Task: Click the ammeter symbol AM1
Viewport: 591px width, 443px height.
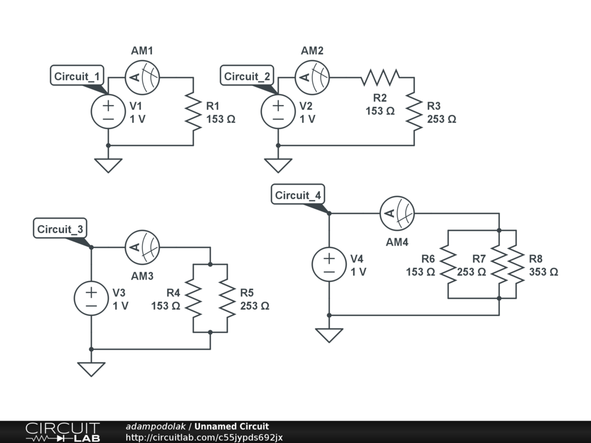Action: pos(142,77)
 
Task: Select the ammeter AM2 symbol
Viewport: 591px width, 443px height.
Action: pos(312,77)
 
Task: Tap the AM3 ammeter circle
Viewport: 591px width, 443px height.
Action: pos(142,247)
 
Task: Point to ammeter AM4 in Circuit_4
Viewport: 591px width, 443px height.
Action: pos(397,213)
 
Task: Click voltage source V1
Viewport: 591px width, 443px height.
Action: pos(108,111)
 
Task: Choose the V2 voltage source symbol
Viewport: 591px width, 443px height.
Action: pos(278,111)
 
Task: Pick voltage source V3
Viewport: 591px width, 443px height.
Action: pos(91,299)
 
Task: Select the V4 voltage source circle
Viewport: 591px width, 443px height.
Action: pos(329,265)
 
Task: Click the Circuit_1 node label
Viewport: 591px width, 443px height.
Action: pos(77,76)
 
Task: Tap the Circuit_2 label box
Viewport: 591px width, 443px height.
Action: pos(248,76)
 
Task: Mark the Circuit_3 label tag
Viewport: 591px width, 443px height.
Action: pos(60,229)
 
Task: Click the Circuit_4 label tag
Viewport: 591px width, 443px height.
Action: pos(298,195)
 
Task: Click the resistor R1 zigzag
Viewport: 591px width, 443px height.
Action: pos(193,111)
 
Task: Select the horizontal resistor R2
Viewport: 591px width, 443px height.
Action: pos(380,77)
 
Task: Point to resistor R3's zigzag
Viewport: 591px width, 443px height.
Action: pos(414,111)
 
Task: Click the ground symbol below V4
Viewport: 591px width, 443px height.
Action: pos(329,334)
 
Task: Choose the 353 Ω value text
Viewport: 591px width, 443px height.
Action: pos(543,272)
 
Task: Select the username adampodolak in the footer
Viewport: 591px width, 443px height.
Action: pos(155,427)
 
